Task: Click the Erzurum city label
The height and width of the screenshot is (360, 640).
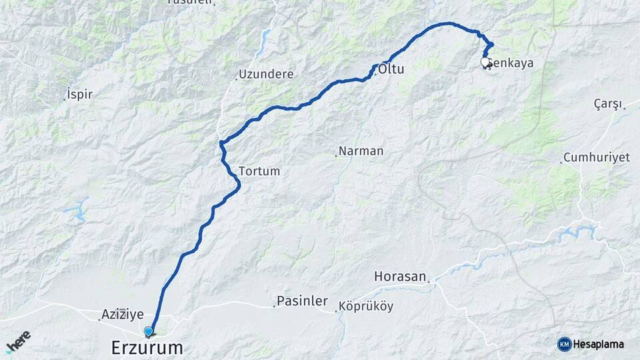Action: pyautogui.click(x=146, y=347)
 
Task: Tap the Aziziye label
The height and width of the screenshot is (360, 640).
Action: pyautogui.click(x=123, y=313)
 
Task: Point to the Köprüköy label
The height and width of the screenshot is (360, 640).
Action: pyautogui.click(x=366, y=307)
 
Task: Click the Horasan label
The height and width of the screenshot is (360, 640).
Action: pyautogui.click(x=399, y=275)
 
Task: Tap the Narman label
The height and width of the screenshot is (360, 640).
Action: pyautogui.click(x=361, y=151)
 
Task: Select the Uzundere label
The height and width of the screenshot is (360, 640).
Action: pyautogui.click(x=266, y=74)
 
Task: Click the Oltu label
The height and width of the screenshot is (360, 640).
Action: pyautogui.click(x=391, y=69)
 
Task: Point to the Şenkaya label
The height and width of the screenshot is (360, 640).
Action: pyautogui.click(x=511, y=63)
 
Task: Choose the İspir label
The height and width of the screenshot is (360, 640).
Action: pyautogui.click(x=80, y=94)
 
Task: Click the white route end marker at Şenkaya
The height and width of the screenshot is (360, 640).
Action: pyautogui.click(x=485, y=62)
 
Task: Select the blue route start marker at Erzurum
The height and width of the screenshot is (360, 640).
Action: pyautogui.click(x=148, y=331)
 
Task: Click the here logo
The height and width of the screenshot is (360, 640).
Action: pyautogui.click(x=17, y=342)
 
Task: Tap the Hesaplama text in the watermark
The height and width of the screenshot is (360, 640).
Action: pyautogui.click(x=599, y=344)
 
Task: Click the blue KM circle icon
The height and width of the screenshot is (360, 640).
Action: pyautogui.click(x=564, y=344)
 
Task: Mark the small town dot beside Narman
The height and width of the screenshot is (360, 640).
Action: pyautogui.click(x=335, y=155)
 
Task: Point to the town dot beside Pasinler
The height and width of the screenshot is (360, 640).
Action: pyautogui.click(x=274, y=306)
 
